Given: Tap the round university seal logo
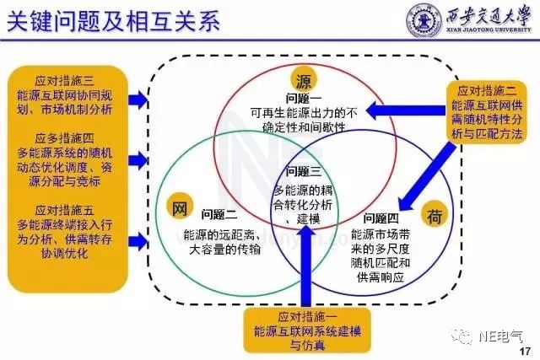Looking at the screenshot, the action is click(425, 21).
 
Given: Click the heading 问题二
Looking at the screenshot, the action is click(220, 213).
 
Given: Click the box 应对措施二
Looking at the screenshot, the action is click(489, 113).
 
